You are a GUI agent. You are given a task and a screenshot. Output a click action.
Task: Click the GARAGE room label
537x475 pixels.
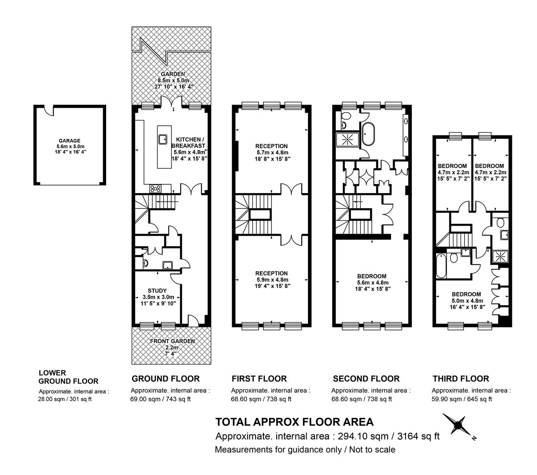[x=70, y=141]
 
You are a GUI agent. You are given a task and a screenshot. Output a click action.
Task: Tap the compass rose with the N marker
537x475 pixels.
[x=458, y=426]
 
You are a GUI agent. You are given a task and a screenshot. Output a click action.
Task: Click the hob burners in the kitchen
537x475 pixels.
[x=155, y=189]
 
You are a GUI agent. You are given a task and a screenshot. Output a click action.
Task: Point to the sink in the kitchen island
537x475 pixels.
[x=163, y=139]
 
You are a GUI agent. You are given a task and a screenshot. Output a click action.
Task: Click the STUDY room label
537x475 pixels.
[x=157, y=291]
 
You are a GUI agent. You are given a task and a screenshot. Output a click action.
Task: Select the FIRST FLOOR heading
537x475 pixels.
[x=259, y=379]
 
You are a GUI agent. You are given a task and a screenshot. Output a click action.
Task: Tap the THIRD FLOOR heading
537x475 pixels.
[x=461, y=379]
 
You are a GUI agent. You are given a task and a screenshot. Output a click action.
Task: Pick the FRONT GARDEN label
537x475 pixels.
[x=173, y=341]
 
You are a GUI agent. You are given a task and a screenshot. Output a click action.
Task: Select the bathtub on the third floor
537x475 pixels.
[x=441, y=265]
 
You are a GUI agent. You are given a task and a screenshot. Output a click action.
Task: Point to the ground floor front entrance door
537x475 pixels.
[x=193, y=320]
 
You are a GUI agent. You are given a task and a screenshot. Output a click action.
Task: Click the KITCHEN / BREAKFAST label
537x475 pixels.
[x=188, y=142]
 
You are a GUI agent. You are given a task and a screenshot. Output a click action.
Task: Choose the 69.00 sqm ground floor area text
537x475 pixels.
[x=145, y=399]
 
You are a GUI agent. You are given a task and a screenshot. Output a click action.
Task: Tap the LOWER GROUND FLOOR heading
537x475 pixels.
[x=68, y=377]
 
